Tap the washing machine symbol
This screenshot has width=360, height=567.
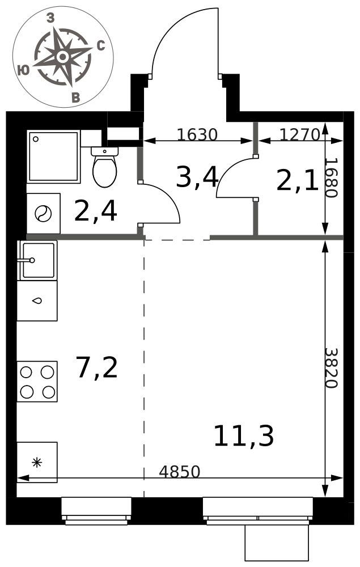click(x=44, y=213)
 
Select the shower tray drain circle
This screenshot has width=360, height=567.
click(x=36, y=139)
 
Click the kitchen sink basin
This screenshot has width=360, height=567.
click(x=39, y=260)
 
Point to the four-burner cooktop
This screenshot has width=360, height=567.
click(x=37, y=382)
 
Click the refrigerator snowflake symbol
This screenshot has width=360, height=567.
click(x=37, y=463)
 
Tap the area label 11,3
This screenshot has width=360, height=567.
click(x=244, y=436)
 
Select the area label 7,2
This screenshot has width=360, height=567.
click(x=97, y=367)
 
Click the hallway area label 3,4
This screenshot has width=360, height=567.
click(x=197, y=177)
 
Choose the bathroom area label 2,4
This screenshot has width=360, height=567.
click(x=95, y=211)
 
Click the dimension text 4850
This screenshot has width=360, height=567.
click(x=180, y=472)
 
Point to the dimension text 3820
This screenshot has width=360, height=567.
click(x=331, y=368)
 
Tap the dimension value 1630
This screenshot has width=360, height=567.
click(x=197, y=134)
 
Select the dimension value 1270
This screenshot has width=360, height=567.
click(x=300, y=134)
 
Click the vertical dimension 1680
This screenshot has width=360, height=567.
click(x=331, y=177)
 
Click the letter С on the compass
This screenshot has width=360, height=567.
click(x=101, y=45)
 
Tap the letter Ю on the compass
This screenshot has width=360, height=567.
click(x=24, y=70)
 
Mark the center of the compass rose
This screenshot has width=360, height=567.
click(x=63, y=57)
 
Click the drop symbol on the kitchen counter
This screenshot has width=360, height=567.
click(x=37, y=301)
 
